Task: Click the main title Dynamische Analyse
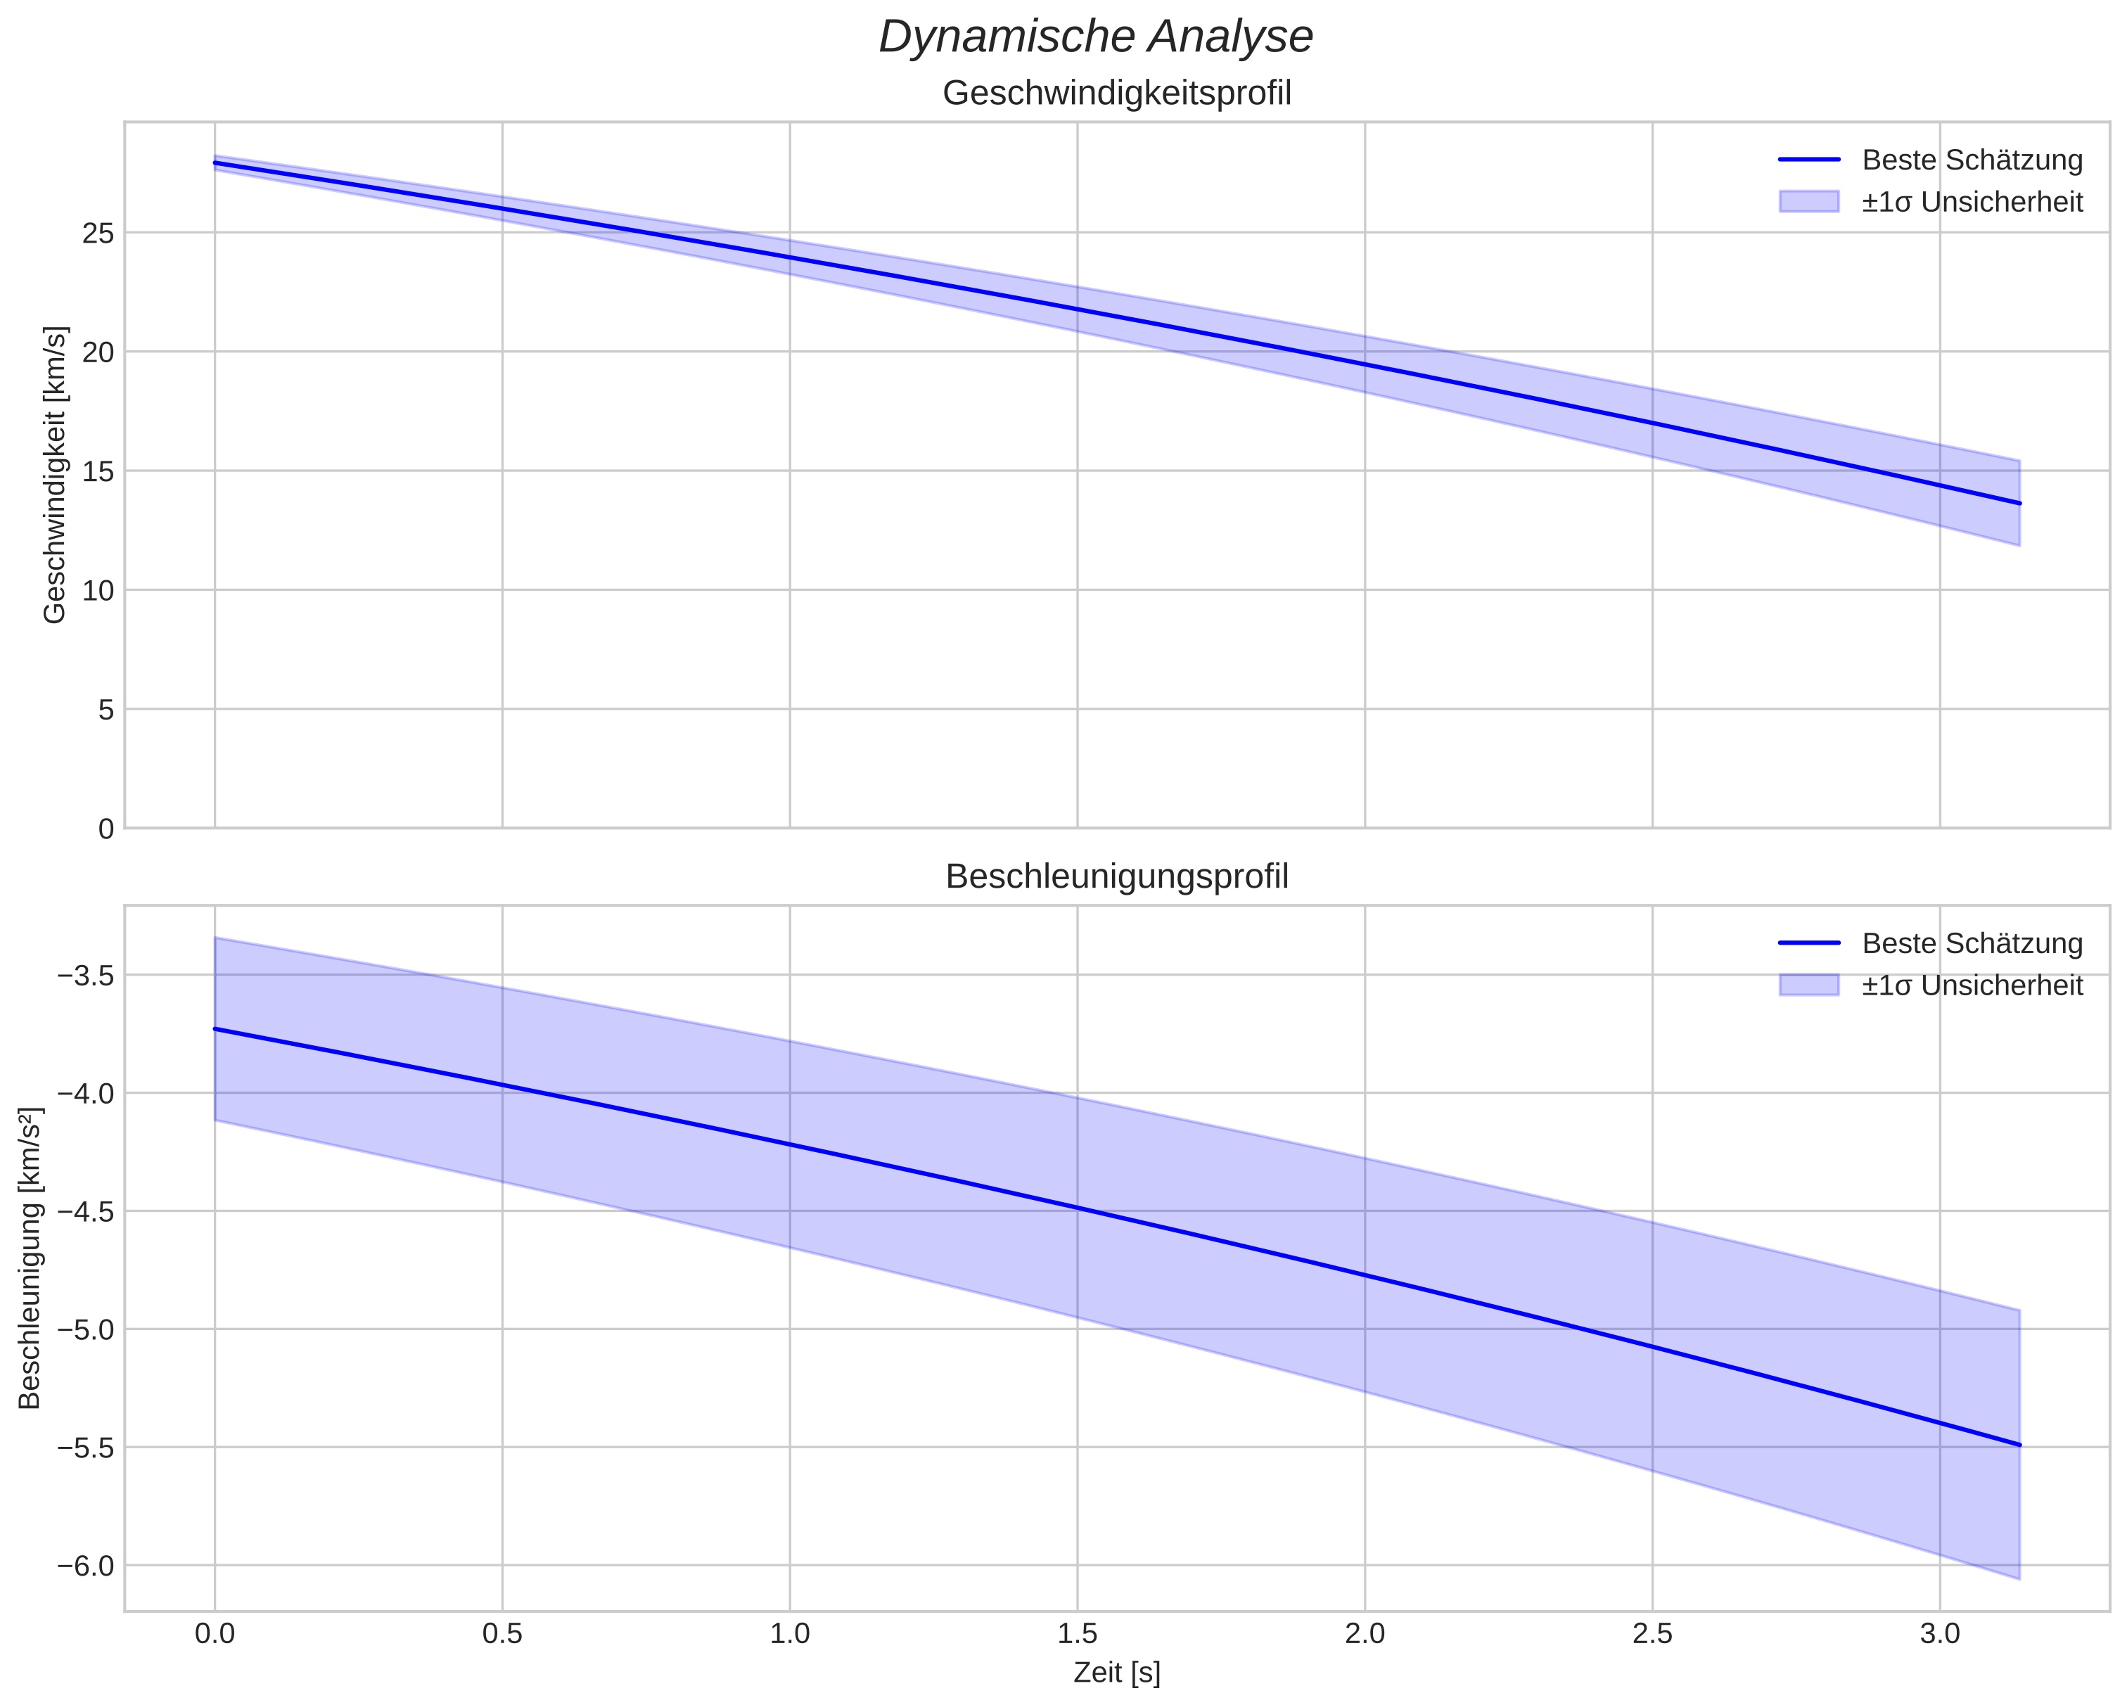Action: tap(1095, 37)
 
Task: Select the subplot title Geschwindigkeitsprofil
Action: tap(1117, 94)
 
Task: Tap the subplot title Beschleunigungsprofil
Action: tap(1117, 876)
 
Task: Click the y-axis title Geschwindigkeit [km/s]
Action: tap(56, 475)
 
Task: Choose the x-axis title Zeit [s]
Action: tap(1117, 1673)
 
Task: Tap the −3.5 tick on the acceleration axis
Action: tap(86, 976)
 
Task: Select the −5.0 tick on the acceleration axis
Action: tap(86, 1330)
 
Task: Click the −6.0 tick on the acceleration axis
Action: tap(86, 1566)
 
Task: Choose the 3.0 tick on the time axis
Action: tap(1940, 1633)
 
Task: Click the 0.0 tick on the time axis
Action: tap(214, 1633)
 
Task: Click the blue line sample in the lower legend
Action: tap(1809, 943)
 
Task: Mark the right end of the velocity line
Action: tap(2019, 503)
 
